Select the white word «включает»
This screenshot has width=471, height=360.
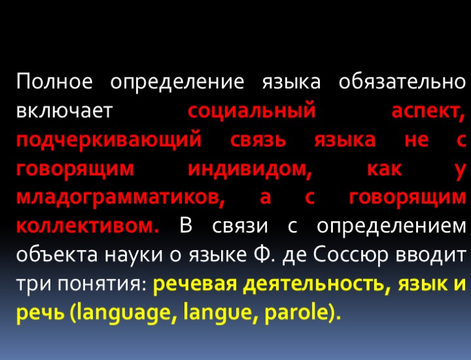click(65, 111)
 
